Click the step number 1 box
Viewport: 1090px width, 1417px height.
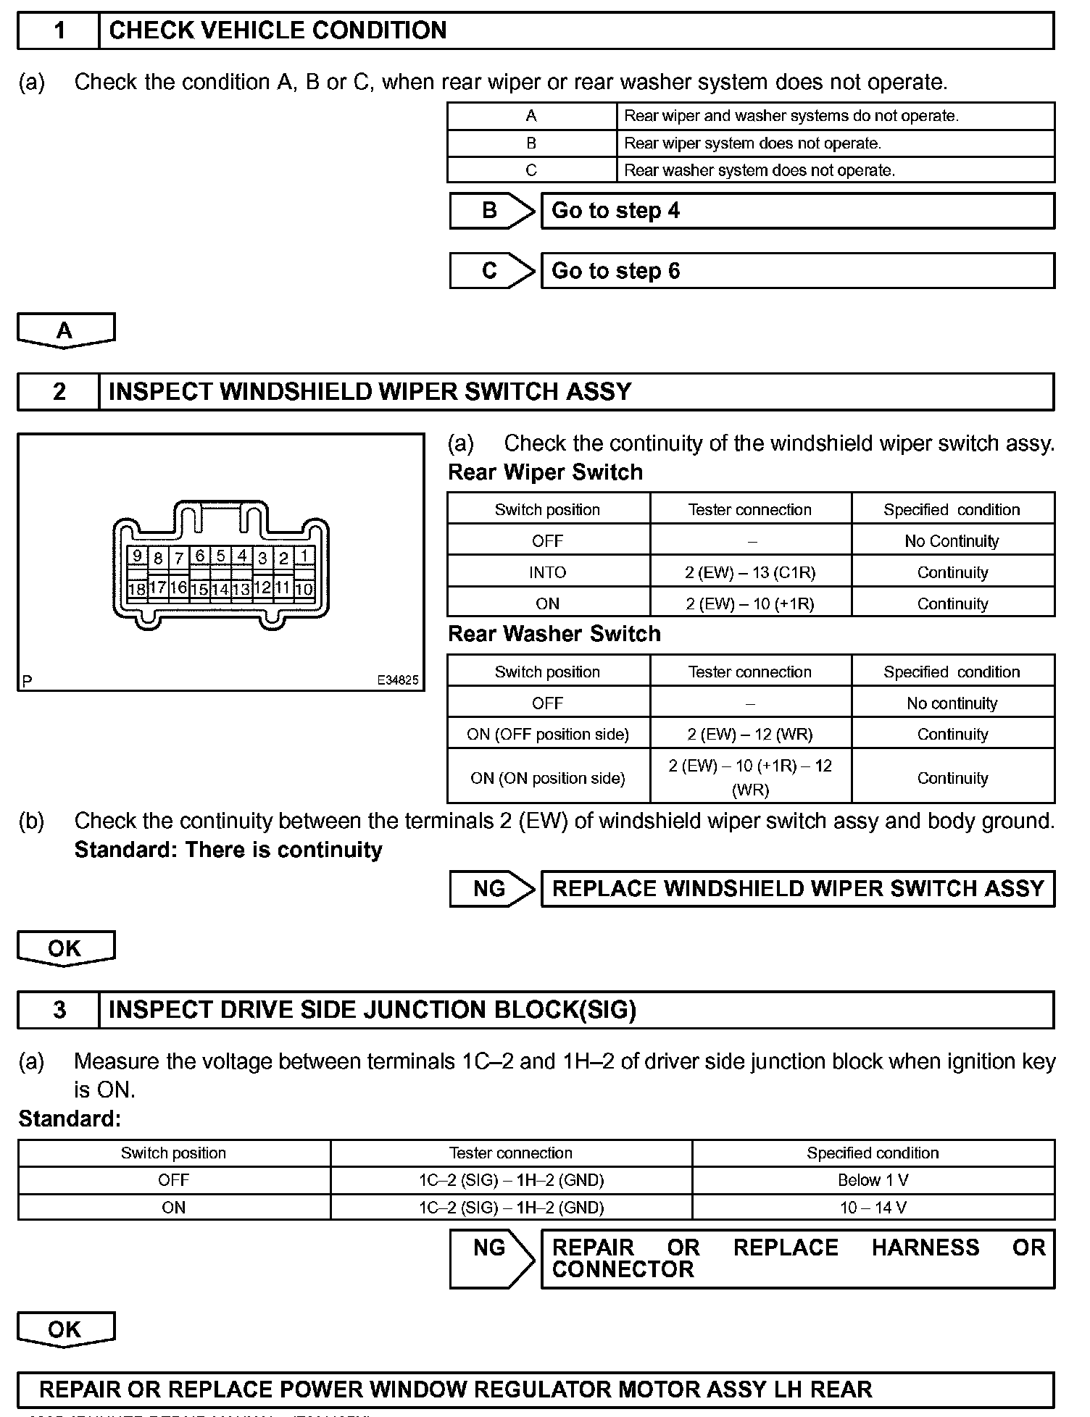[59, 31]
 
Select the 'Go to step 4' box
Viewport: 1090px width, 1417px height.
[797, 211]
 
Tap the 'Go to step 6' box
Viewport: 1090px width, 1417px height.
[797, 271]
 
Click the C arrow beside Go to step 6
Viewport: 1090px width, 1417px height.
[491, 271]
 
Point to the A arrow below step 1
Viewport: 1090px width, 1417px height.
[65, 330]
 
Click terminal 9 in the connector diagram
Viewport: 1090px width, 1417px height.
[137, 556]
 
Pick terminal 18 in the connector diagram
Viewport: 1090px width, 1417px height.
[136, 588]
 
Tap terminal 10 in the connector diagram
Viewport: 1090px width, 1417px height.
[304, 588]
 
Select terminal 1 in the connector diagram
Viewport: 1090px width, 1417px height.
[305, 556]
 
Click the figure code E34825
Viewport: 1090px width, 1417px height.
[397, 680]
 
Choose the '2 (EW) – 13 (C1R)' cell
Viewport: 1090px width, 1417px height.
[750, 572]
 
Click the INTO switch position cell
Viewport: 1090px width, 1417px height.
[548, 572]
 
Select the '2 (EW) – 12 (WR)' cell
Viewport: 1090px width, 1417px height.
[750, 734]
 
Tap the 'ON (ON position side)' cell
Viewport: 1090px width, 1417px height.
[548, 778]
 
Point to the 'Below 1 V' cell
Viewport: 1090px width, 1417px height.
[873, 1180]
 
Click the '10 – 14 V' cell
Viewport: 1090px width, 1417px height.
[873, 1208]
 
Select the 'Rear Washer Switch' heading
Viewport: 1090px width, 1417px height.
[554, 634]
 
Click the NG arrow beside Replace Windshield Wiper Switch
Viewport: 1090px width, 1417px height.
[491, 888]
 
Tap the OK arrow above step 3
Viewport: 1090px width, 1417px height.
[65, 948]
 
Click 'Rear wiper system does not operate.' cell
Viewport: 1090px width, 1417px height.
[835, 143]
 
